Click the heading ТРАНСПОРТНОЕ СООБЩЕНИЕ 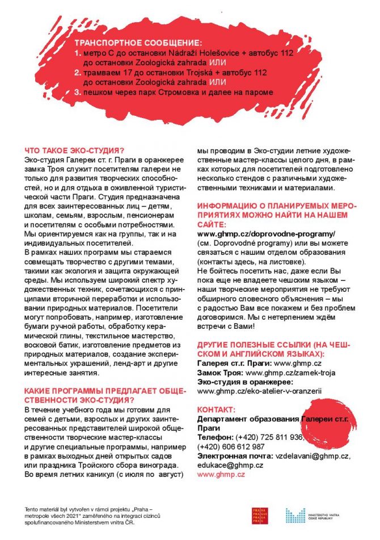pos(138,43)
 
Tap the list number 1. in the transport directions pos(78,52)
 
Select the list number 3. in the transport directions pos(78,91)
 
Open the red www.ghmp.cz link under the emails pos(221,474)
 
